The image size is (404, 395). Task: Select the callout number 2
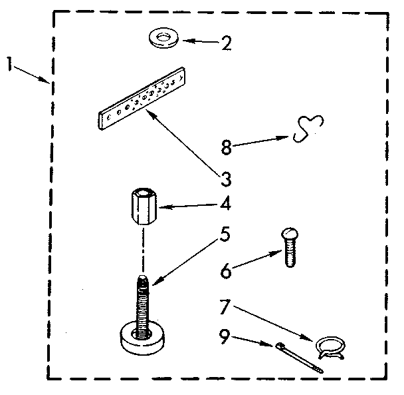[x=226, y=44]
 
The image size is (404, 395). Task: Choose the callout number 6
[x=227, y=271]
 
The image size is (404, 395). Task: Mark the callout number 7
[x=227, y=307]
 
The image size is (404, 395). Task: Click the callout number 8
[x=227, y=147]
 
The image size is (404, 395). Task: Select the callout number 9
[x=226, y=336]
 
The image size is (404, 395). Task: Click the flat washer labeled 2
[x=163, y=39]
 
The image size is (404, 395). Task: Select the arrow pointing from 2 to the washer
[x=199, y=42]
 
